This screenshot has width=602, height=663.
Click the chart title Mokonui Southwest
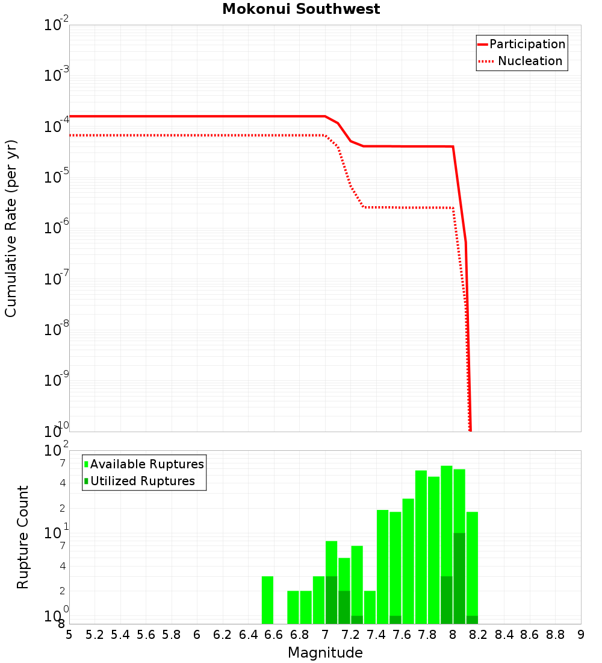coord(301,10)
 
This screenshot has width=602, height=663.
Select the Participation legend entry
coord(527,44)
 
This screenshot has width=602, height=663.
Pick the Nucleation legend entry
coord(529,61)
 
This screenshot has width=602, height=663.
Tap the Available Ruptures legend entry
coord(146,464)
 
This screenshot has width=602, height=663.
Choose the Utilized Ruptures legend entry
coord(142,481)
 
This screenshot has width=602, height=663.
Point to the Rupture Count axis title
coord(23,536)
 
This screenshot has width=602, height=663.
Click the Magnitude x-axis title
coord(325,653)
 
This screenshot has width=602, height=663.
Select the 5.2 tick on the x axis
coord(95,635)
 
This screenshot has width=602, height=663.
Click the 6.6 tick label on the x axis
coord(274,635)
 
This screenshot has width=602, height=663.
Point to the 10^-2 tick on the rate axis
coord(57,25)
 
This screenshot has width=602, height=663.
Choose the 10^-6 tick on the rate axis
coord(57,228)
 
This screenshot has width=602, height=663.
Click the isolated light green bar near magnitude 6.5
coord(267,600)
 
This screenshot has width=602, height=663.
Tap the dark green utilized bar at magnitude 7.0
coord(331,600)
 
